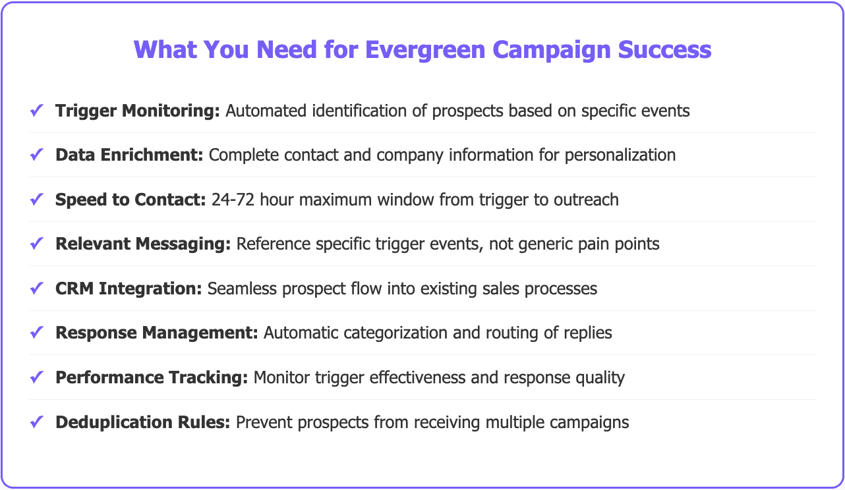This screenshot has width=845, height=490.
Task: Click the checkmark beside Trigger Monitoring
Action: (37, 111)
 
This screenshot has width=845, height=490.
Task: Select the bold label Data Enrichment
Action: (129, 155)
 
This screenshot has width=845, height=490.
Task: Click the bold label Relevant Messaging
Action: (143, 244)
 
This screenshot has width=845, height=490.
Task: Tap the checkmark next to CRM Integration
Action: (37, 288)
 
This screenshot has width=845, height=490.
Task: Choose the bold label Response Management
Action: (157, 333)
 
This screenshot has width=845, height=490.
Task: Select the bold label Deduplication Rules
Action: (143, 422)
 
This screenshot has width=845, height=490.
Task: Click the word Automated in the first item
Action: (262, 111)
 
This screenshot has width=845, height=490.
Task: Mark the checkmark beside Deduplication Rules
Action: (37, 422)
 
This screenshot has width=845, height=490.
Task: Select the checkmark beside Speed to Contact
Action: (37, 200)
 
